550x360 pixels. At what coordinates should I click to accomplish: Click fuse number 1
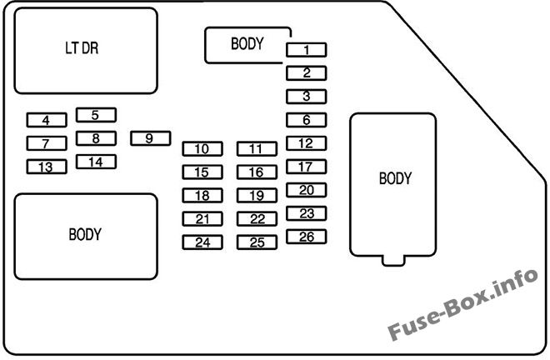tap(306, 50)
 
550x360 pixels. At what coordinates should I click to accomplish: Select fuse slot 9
tap(150, 138)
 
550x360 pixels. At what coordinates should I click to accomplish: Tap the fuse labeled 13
tap(46, 167)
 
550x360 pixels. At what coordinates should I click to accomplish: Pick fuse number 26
tap(306, 237)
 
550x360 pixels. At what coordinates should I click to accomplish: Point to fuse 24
tap(202, 243)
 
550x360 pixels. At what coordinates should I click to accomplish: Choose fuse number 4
tap(46, 120)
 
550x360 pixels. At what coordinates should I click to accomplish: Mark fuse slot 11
tap(256, 149)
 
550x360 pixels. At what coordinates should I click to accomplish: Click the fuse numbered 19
tap(256, 196)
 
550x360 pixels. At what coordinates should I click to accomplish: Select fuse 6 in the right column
tap(306, 120)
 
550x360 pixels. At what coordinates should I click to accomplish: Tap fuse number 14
tap(96, 162)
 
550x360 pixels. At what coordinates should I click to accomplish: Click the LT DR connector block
tap(86, 50)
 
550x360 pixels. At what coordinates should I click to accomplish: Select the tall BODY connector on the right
tap(394, 183)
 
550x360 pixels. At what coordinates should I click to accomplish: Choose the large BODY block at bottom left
tap(86, 236)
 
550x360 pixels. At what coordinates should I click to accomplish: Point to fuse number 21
tap(202, 219)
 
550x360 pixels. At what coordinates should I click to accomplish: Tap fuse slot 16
tap(256, 172)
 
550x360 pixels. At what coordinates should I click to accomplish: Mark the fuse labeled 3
tap(306, 97)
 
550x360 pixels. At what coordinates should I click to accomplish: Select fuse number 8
tap(96, 138)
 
